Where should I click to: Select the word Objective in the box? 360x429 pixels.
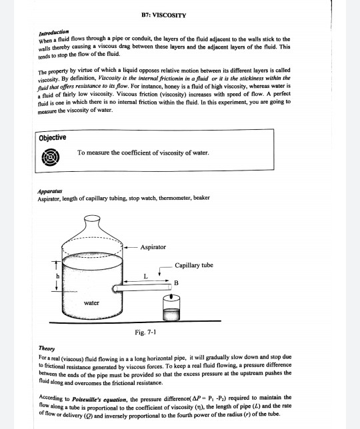(x=52, y=137)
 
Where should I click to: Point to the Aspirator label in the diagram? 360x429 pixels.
(x=153, y=247)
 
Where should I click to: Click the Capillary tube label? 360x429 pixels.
(x=194, y=265)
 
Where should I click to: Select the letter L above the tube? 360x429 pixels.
(x=145, y=276)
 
